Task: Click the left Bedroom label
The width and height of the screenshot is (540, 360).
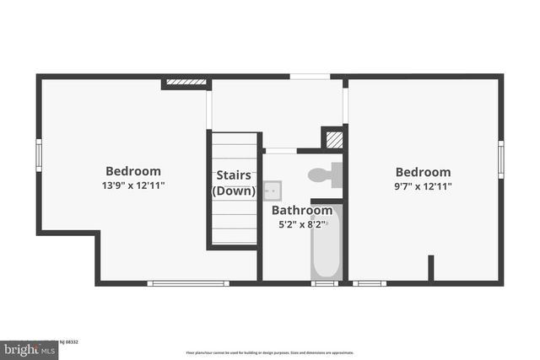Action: (x=132, y=171)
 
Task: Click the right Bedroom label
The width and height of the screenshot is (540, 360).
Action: (x=423, y=172)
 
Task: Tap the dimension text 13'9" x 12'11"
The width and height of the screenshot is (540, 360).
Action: (x=132, y=185)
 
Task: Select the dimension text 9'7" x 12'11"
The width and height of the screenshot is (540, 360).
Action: (x=423, y=185)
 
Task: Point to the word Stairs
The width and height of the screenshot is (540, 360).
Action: (x=233, y=175)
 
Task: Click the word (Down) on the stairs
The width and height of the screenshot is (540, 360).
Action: (x=233, y=191)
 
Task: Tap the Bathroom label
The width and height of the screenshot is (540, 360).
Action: (x=301, y=211)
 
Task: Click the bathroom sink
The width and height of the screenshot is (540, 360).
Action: (x=272, y=190)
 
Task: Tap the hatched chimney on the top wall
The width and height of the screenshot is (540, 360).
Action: (x=186, y=83)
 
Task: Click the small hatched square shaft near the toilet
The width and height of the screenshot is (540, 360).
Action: (x=334, y=139)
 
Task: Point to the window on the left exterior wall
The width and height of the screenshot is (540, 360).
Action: (x=38, y=154)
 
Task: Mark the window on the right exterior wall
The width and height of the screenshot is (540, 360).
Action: (x=500, y=159)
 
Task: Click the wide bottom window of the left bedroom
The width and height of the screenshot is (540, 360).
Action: (x=188, y=283)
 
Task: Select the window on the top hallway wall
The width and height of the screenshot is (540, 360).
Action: (x=310, y=77)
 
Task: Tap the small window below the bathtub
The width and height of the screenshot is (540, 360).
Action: (x=324, y=283)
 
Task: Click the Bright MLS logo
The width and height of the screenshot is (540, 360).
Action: (x=29, y=348)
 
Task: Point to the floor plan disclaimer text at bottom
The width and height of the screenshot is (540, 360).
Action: (x=270, y=352)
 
